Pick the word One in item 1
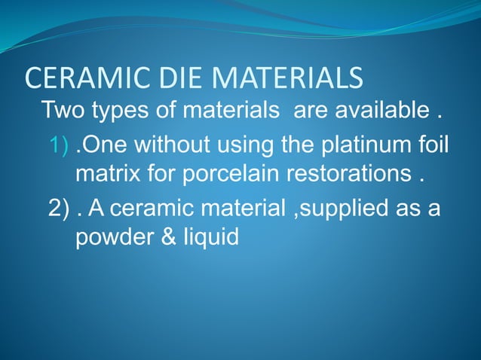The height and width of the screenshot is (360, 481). pyautogui.click(x=101, y=145)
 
